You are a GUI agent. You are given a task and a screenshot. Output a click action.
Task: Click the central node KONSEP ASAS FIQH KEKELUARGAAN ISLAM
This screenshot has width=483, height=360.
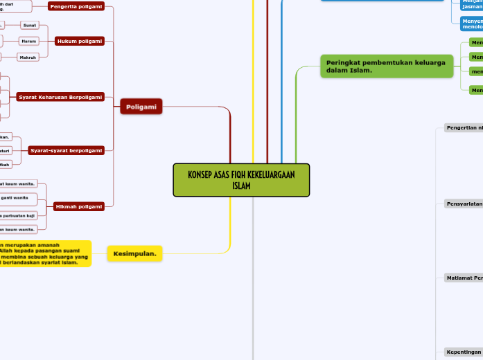click(241, 180)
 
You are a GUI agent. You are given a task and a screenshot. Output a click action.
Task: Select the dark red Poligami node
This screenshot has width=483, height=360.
click(141, 106)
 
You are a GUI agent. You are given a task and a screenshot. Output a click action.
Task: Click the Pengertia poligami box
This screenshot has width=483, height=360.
click(76, 6)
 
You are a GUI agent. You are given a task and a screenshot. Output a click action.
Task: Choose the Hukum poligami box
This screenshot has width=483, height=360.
click(79, 42)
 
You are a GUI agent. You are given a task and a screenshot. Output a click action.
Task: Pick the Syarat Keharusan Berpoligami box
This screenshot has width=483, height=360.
click(61, 97)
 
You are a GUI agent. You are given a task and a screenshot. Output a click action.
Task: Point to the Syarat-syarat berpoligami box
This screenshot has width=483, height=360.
click(66, 150)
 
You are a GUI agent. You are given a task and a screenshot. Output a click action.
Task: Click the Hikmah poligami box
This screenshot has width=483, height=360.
click(79, 206)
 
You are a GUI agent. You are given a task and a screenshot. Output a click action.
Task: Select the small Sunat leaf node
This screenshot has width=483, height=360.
click(30, 25)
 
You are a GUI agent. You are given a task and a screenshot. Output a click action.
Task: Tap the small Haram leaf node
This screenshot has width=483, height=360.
click(28, 42)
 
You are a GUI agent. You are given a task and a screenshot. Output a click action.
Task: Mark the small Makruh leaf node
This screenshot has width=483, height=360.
click(28, 57)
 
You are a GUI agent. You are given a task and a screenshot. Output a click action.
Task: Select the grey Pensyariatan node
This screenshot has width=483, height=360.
click(463, 204)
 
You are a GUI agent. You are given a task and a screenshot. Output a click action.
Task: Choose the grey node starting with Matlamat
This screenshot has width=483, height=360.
click(463, 278)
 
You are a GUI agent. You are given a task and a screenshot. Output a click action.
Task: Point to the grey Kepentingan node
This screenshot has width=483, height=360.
click(463, 352)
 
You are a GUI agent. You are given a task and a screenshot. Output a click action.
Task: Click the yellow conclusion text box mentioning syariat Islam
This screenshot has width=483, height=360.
click(45, 253)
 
